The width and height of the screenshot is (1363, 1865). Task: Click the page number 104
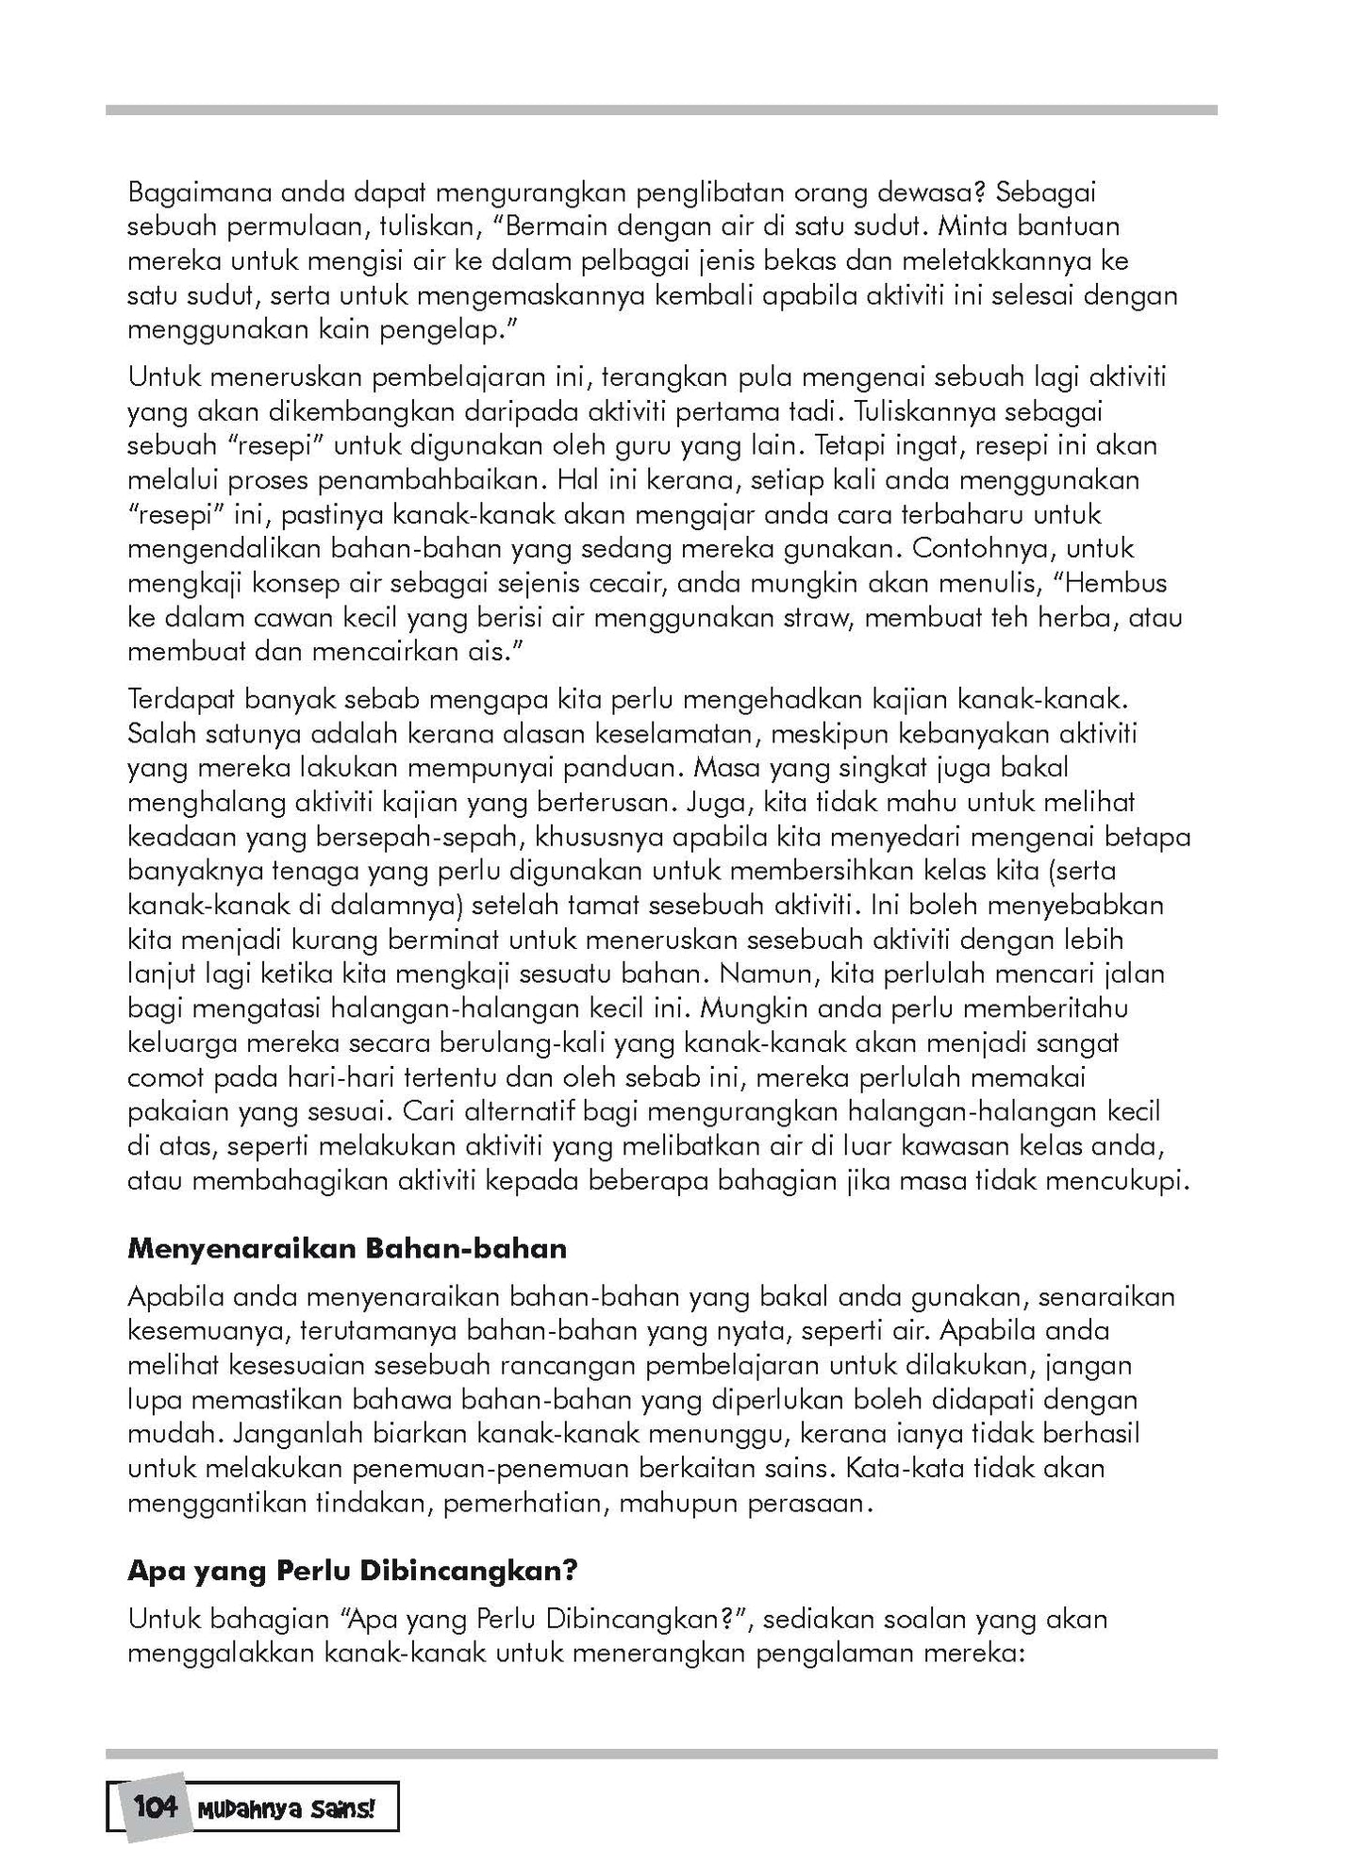[x=156, y=1807]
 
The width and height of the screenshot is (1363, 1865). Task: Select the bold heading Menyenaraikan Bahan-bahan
[x=347, y=1248]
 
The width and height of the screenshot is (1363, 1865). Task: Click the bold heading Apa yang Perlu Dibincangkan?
[x=352, y=1571]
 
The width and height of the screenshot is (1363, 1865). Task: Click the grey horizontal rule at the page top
[x=660, y=110]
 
